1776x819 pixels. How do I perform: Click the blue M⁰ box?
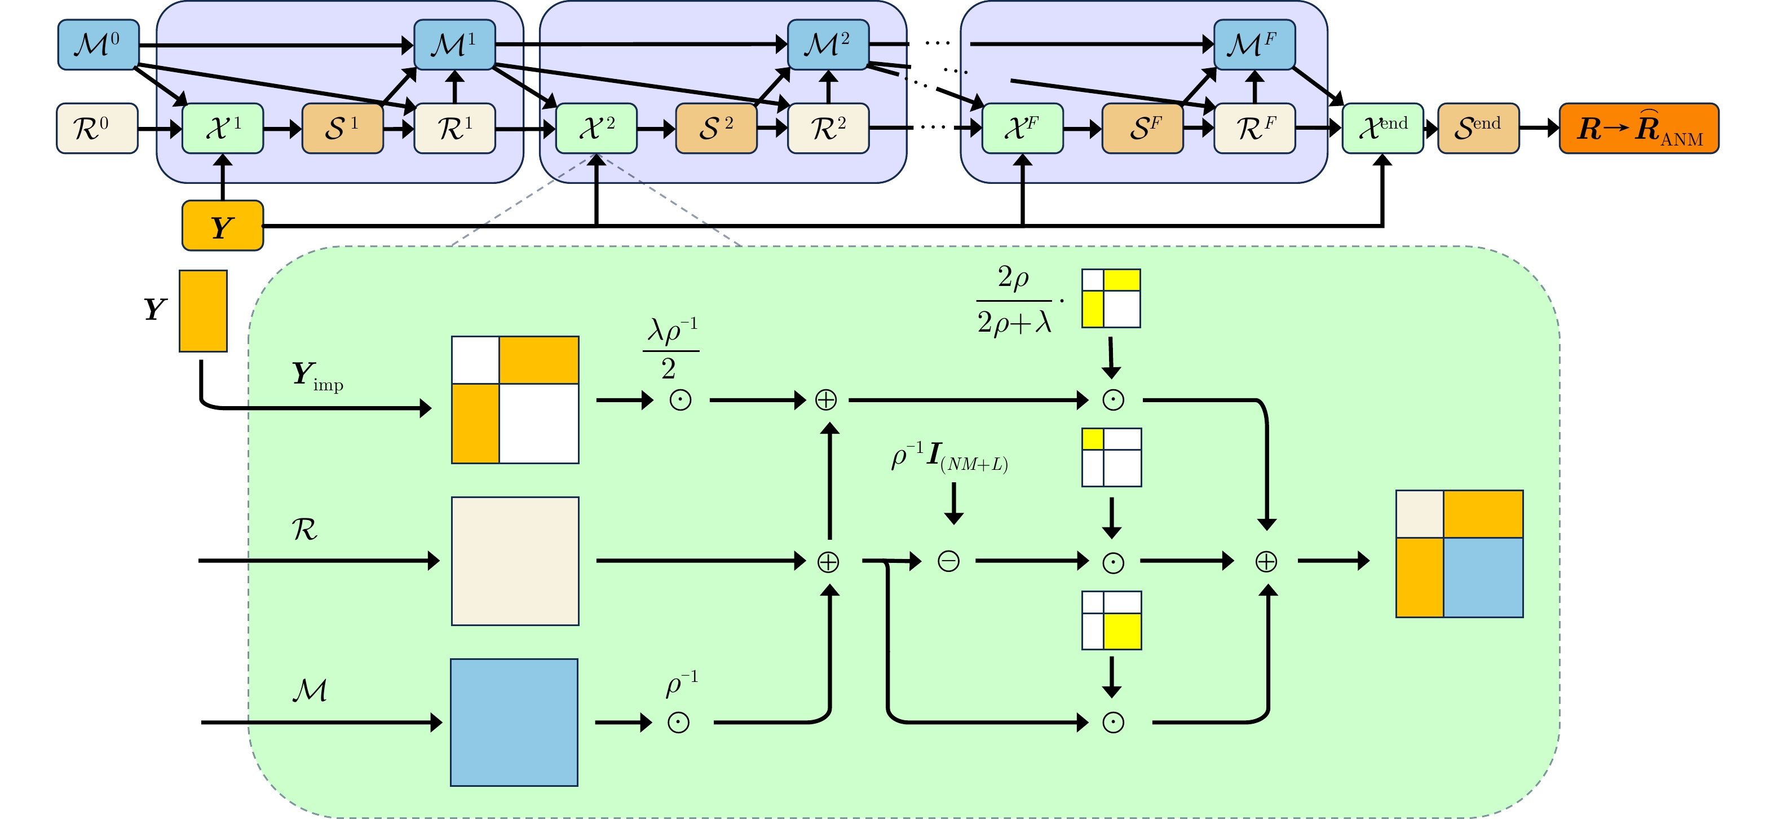[x=99, y=46]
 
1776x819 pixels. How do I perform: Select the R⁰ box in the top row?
[x=97, y=129]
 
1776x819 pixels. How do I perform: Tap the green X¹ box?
[x=223, y=129]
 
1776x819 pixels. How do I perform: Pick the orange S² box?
[x=715, y=129]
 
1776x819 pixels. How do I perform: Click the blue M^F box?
[x=1253, y=46]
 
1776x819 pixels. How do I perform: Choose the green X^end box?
[x=1382, y=129]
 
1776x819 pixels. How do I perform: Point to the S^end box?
[x=1478, y=129]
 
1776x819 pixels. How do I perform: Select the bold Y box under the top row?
[x=223, y=226]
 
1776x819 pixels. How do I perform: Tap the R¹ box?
[x=454, y=129]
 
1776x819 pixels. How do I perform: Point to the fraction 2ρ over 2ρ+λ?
[x=1014, y=300]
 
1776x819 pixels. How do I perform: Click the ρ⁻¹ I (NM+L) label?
[x=949, y=457]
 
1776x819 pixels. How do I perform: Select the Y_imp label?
[x=316, y=376]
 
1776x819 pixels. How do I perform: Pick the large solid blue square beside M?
[x=514, y=723]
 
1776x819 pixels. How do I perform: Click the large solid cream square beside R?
[x=515, y=561]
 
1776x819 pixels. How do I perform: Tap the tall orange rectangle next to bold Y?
[x=204, y=311]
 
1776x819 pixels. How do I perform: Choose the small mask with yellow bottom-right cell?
[x=1111, y=620]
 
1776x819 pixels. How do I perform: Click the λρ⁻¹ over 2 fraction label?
[x=671, y=349]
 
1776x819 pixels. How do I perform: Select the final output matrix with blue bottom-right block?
[x=1459, y=554]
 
